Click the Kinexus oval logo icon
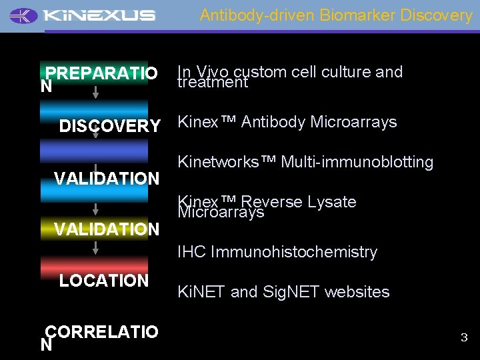coord(24,15)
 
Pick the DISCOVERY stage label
coord(110,126)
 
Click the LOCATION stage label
coord(104,281)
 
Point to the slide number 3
coord(464,338)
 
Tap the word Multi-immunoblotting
coord(357,162)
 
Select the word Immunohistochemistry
coord(294,252)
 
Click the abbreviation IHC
coord(192,252)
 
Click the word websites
coord(359,292)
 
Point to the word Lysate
coord(331,202)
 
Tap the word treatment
coord(213,83)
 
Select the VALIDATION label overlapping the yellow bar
coord(107,229)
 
